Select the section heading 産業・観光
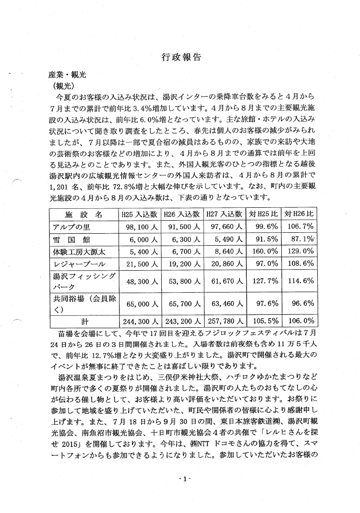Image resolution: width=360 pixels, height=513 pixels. click(65, 75)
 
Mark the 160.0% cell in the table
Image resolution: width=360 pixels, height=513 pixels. click(262, 251)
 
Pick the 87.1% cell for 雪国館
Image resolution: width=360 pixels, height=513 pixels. click(300, 239)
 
